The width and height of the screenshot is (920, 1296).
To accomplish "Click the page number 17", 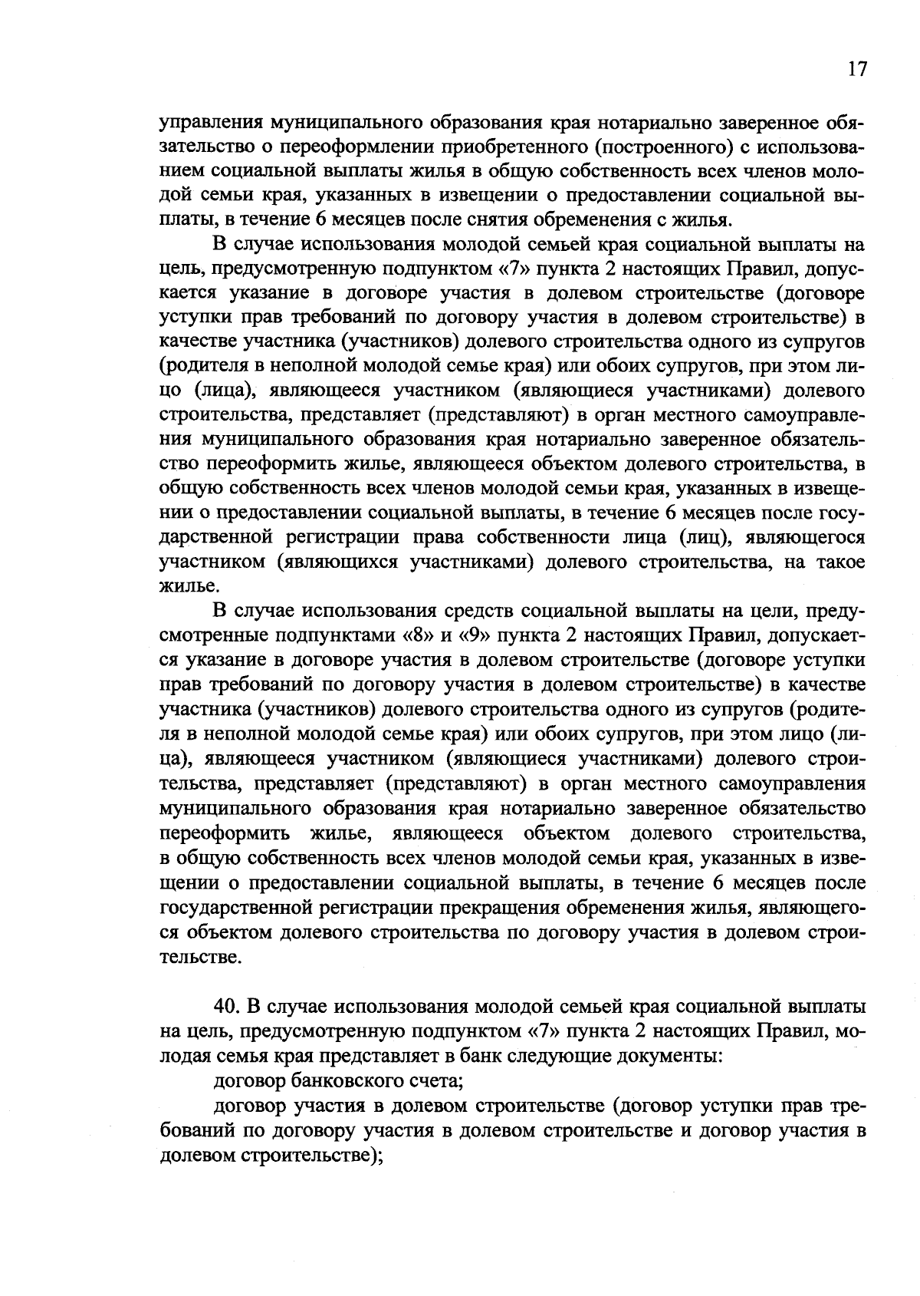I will [857, 69].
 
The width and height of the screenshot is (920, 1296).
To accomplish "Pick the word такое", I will [839, 562].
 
